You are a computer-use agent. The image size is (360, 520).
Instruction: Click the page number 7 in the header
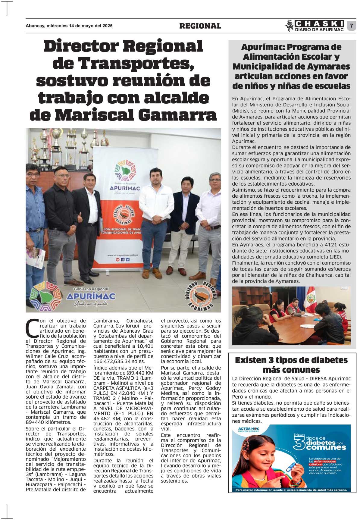pyautogui.click(x=351, y=26)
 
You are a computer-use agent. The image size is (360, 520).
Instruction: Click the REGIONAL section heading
pyautogui.click(x=200, y=26)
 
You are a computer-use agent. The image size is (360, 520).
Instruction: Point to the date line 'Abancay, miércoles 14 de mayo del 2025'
pyautogui.click(x=69, y=26)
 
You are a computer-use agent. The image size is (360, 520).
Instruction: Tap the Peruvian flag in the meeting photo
pyautogui.click(x=311, y=298)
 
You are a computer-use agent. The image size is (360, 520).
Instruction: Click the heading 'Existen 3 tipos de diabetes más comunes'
pyautogui.click(x=291, y=365)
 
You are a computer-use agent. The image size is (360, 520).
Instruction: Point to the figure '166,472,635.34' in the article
pyautogui.click(x=109, y=361)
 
